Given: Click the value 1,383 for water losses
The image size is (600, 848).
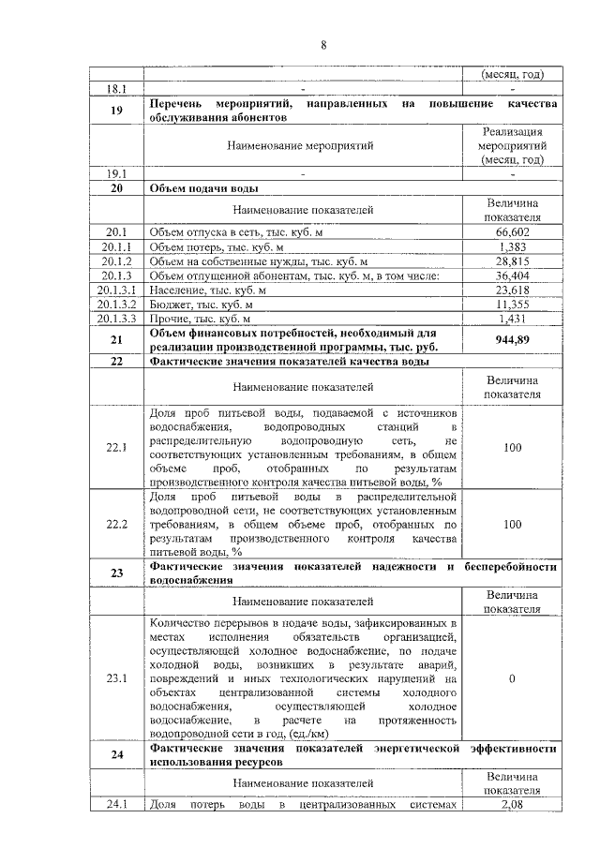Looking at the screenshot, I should [512, 246].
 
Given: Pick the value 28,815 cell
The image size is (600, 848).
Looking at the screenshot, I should [512, 261].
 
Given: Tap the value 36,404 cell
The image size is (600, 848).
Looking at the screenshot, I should [512, 276].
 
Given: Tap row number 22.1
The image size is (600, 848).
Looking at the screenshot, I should [116, 448].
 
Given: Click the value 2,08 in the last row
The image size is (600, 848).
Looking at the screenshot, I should [512, 804].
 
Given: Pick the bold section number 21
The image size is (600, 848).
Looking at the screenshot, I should [116, 341].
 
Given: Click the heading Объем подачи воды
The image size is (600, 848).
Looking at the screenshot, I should [204, 187].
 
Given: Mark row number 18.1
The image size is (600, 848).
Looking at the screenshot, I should [116, 89].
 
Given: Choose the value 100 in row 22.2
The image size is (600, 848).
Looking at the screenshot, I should [512, 525].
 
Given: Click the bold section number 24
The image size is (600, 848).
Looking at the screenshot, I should [116, 757].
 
